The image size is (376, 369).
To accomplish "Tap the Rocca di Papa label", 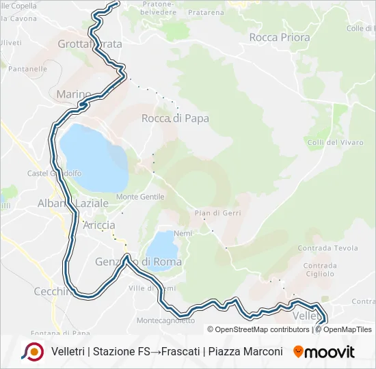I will pyautogui.click(x=175, y=118).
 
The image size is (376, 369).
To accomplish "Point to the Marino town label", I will pyautogui.click(x=74, y=94).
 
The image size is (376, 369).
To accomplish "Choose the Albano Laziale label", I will pyautogui.click(x=72, y=204).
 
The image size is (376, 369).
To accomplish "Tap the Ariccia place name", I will pyautogui.click(x=98, y=225).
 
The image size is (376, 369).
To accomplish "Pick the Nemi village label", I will pyautogui.click(x=183, y=232).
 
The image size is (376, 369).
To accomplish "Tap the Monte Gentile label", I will pyautogui.click(x=140, y=197).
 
